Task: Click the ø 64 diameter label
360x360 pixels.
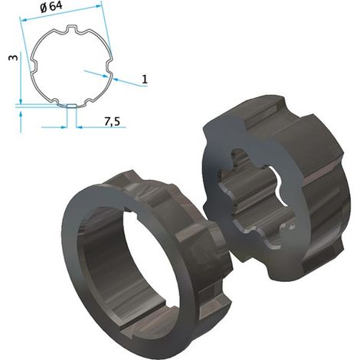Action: (x=51, y=7)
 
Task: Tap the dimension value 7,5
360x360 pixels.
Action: (x=112, y=122)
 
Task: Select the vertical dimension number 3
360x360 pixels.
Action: (x=13, y=57)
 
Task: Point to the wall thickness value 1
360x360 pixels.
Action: (x=145, y=80)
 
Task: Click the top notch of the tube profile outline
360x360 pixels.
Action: (x=72, y=28)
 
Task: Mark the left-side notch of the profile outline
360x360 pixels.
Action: (x=34, y=65)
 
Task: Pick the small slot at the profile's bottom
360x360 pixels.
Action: (x=71, y=106)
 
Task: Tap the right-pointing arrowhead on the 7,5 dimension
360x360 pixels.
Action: (x=64, y=127)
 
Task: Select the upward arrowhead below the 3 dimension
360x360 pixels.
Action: (x=21, y=114)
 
